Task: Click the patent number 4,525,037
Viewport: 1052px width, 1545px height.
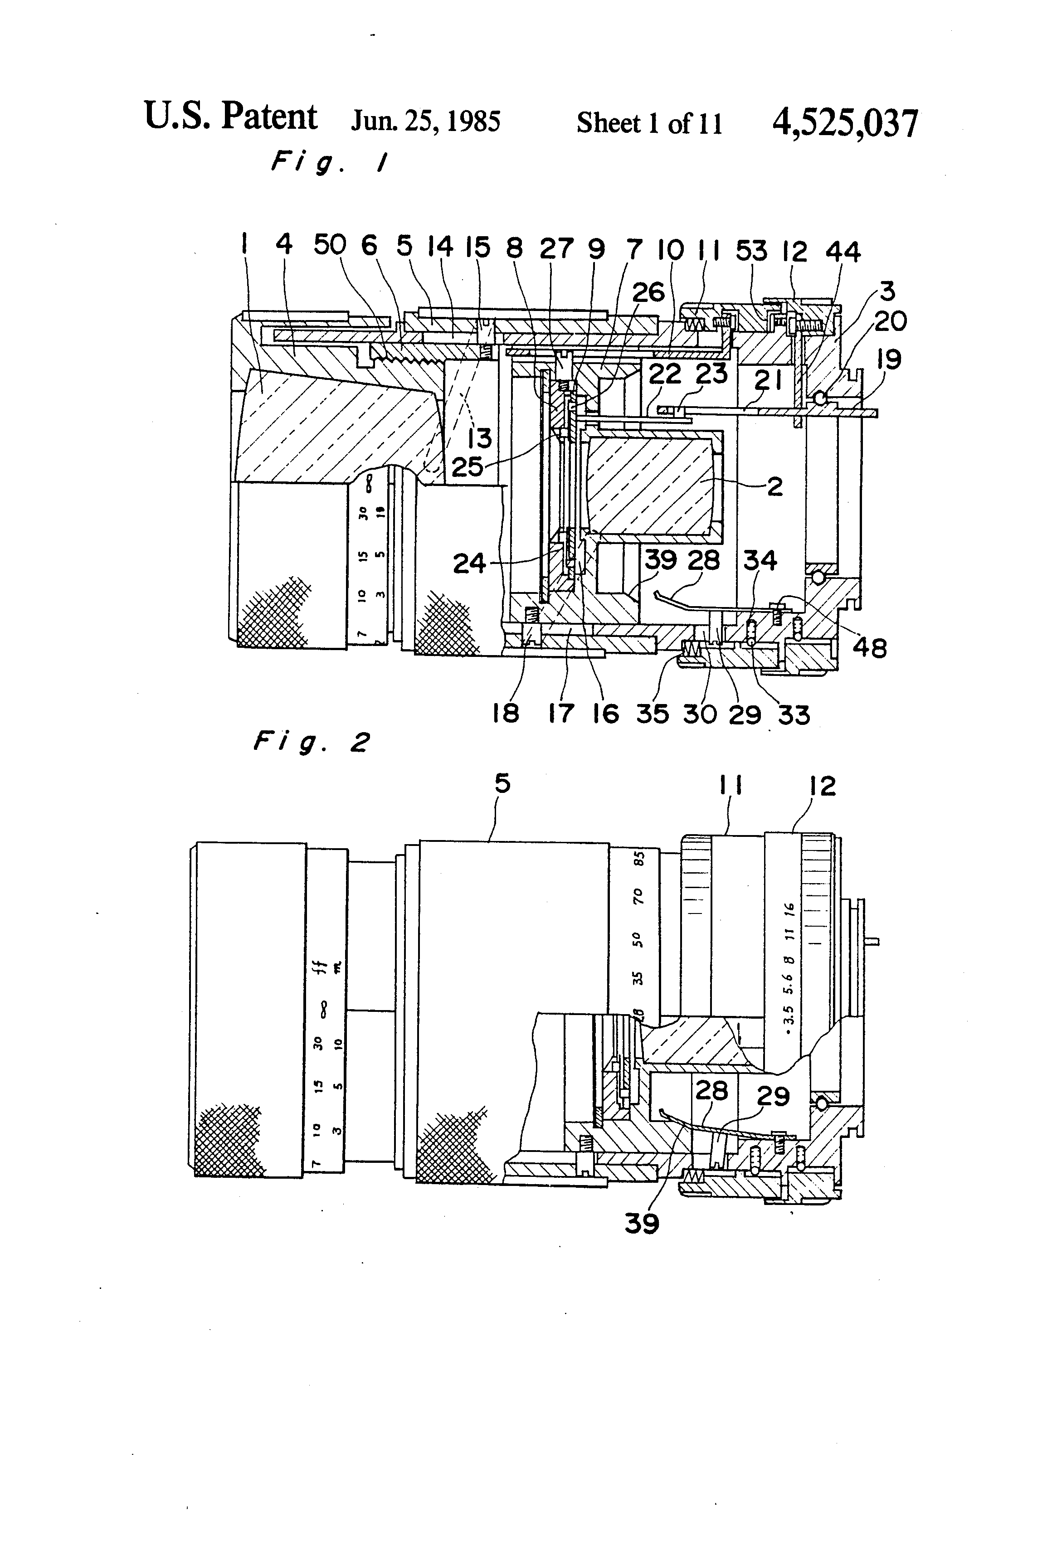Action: (844, 124)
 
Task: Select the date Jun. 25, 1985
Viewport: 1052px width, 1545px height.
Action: (426, 121)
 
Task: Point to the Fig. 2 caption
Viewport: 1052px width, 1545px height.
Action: (311, 742)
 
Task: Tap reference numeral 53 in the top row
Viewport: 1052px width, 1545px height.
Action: (751, 251)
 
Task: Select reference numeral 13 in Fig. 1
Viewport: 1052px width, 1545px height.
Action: (479, 437)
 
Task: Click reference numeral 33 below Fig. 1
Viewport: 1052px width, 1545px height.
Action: (794, 715)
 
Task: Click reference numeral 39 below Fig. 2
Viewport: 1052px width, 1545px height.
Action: (642, 1223)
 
